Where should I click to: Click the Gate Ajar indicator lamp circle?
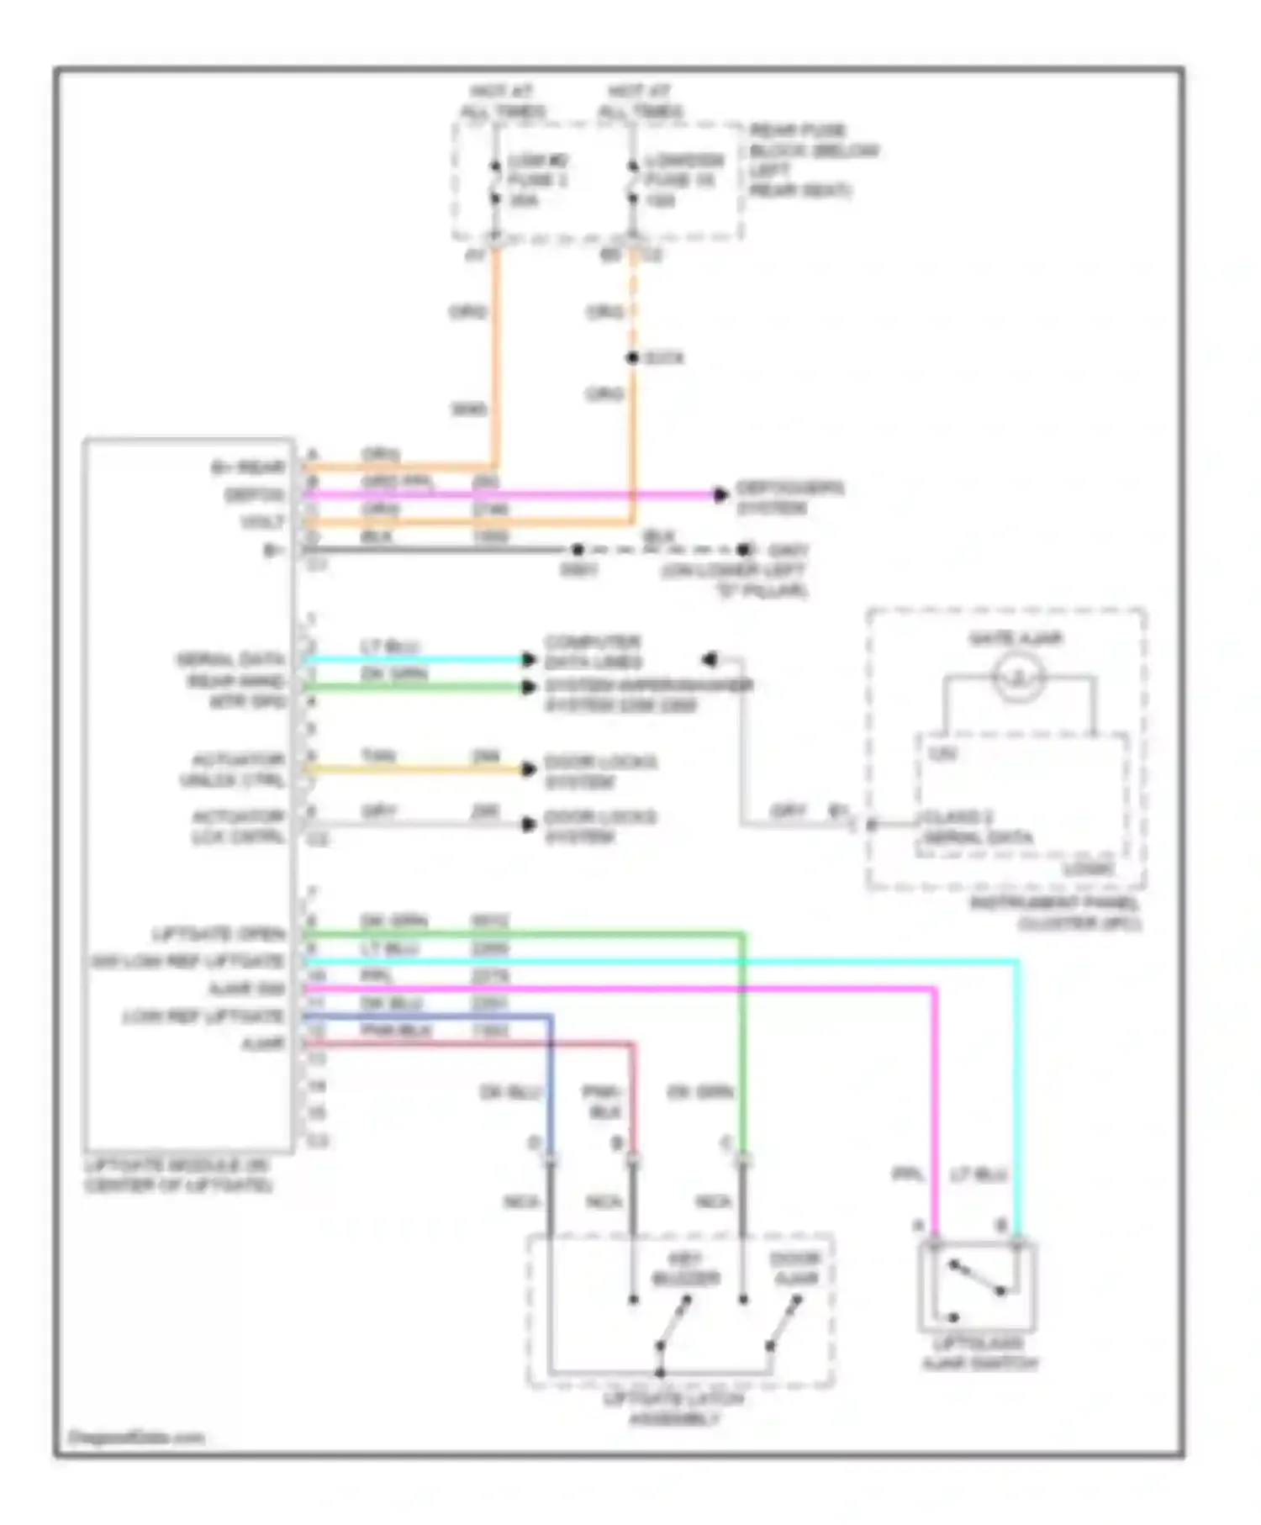(x=1018, y=677)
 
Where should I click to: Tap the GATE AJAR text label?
(x=1016, y=639)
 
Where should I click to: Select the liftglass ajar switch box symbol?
(x=978, y=1286)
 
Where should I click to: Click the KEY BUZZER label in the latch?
(x=686, y=1269)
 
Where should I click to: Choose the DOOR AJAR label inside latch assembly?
(x=795, y=1269)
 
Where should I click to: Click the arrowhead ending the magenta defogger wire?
(x=720, y=495)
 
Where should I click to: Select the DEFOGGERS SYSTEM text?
(x=789, y=498)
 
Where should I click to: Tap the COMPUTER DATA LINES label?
(x=593, y=652)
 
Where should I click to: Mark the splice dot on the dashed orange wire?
(x=632, y=358)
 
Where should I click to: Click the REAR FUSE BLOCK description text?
(x=813, y=161)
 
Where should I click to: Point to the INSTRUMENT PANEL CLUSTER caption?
(x=1056, y=913)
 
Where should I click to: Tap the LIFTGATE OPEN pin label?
(x=218, y=934)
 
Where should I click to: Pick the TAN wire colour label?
(x=378, y=756)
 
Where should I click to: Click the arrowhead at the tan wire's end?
(x=529, y=769)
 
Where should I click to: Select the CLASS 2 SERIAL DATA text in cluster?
(x=977, y=827)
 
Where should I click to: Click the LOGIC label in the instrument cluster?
(x=1089, y=868)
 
